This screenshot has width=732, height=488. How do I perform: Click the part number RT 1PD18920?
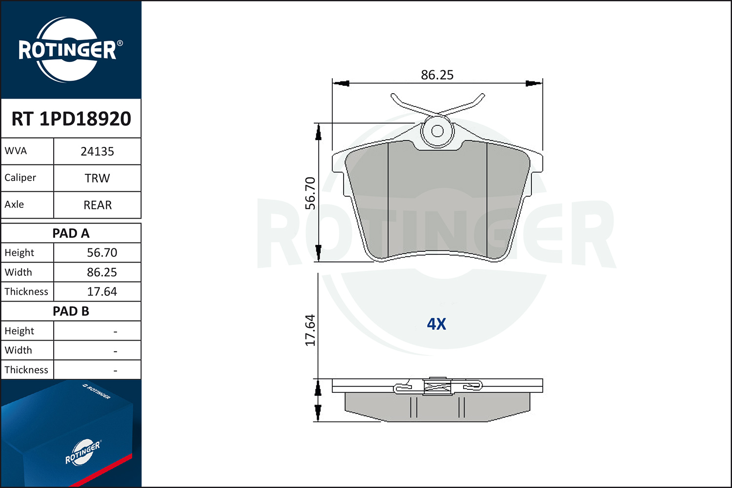tap(71, 119)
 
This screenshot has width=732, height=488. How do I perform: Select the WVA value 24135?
tap(97, 151)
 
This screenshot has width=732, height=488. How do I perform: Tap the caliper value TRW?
tap(97, 178)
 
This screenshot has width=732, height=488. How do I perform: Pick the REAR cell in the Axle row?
tap(98, 205)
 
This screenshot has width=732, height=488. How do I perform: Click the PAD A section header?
tap(71, 233)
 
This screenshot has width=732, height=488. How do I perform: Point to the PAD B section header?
tap(71, 311)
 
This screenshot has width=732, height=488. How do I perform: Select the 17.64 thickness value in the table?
tap(102, 291)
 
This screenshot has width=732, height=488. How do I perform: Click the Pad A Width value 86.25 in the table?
tap(102, 272)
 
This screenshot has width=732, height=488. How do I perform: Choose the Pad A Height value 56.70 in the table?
tap(102, 253)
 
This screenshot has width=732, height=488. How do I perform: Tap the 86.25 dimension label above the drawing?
tap(437, 75)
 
